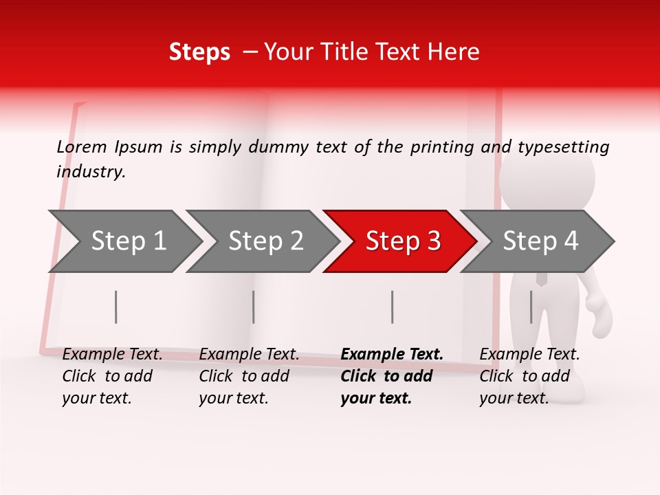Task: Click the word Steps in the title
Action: click(x=199, y=52)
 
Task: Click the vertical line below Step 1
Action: click(x=116, y=307)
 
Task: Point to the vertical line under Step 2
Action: click(x=254, y=307)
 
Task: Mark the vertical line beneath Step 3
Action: click(x=392, y=307)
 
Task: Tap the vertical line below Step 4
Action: click(x=531, y=307)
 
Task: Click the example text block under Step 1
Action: click(x=112, y=376)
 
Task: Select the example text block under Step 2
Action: click(x=249, y=376)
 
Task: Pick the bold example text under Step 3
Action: click(x=392, y=376)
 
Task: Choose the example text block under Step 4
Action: click(x=529, y=376)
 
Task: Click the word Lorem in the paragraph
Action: click(x=82, y=147)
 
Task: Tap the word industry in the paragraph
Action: click(x=90, y=172)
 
